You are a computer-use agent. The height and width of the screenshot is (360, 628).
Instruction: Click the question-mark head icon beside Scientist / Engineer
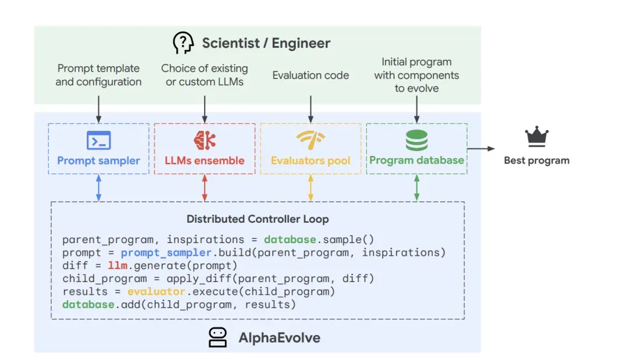183,43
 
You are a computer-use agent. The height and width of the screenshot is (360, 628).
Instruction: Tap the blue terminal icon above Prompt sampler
98,140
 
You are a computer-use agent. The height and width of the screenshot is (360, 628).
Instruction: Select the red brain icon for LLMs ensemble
204,140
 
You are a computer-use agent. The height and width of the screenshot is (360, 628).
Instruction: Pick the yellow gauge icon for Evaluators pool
311,140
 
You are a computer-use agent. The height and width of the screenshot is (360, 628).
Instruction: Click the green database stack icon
416,140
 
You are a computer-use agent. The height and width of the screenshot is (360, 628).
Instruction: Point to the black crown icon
536,137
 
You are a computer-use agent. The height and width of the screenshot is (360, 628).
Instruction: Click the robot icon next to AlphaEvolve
217,337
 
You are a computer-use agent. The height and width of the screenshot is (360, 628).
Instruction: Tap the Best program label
536,161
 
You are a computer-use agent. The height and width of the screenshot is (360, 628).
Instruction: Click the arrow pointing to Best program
481,149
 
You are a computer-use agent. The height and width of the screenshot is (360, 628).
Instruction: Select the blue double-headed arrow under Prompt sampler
98,188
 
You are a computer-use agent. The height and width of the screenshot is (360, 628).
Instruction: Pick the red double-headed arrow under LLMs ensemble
204,188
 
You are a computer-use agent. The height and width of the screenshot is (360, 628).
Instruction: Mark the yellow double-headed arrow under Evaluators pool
311,188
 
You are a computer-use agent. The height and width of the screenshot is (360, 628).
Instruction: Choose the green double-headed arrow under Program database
416,188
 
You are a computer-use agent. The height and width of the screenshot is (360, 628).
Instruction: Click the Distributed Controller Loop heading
258,219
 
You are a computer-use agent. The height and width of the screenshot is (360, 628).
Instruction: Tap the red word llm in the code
117,266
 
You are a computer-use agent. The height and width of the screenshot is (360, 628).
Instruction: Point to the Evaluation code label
311,75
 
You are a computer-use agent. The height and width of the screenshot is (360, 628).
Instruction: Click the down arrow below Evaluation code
311,109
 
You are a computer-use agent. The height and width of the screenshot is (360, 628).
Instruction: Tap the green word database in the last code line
88,304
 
